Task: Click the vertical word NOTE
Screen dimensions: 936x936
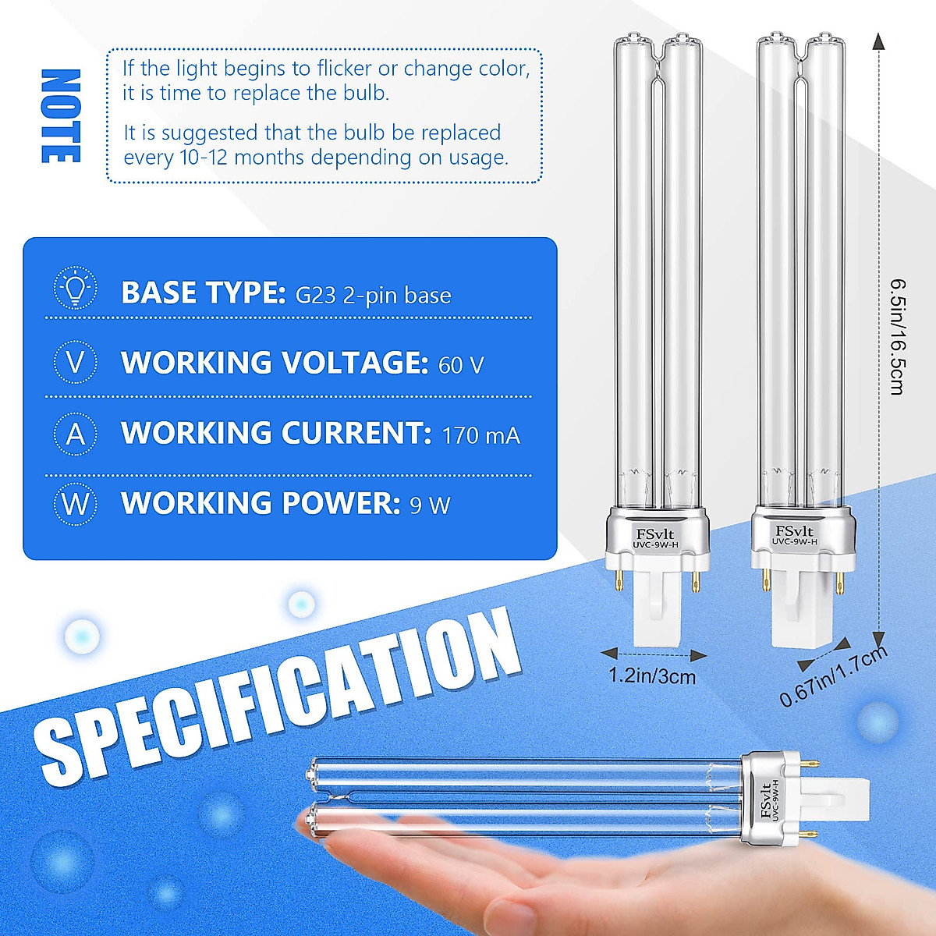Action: pos(61,116)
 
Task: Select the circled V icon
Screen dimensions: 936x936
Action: pos(76,363)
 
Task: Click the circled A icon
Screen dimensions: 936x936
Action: pos(76,433)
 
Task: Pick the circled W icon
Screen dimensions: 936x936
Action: pos(76,504)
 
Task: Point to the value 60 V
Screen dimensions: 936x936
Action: pos(461,365)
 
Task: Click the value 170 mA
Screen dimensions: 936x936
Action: pos(480,435)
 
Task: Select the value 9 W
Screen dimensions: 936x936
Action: pos(430,505)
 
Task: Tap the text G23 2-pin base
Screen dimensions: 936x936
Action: pos(373,296)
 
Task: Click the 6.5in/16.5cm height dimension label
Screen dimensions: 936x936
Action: pos(897,335)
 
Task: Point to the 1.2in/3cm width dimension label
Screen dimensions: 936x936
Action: pos(652,676)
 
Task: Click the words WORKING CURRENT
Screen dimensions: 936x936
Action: pos(276,434)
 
